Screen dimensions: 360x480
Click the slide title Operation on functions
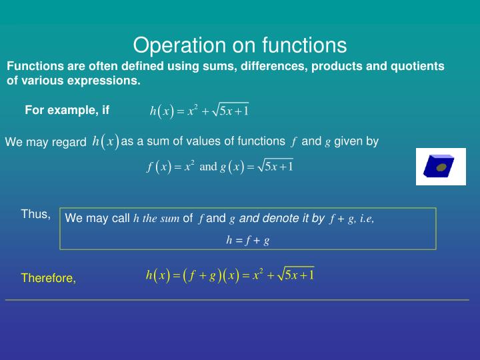pos(240,45)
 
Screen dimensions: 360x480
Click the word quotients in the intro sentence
pos(418,66)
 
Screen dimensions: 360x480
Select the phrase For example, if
pos(67,110)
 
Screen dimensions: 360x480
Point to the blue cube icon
pos(435,166)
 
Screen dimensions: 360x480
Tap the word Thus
pos(35,214)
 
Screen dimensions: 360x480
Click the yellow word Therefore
pos(49,278)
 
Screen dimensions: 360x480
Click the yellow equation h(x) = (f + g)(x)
pos(229,275)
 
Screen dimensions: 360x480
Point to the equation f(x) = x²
pos(171,167)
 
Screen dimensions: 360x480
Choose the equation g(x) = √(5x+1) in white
pos(257,166)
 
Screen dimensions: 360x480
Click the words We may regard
pos(45,142)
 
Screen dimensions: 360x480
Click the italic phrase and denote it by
pos(281,218)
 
